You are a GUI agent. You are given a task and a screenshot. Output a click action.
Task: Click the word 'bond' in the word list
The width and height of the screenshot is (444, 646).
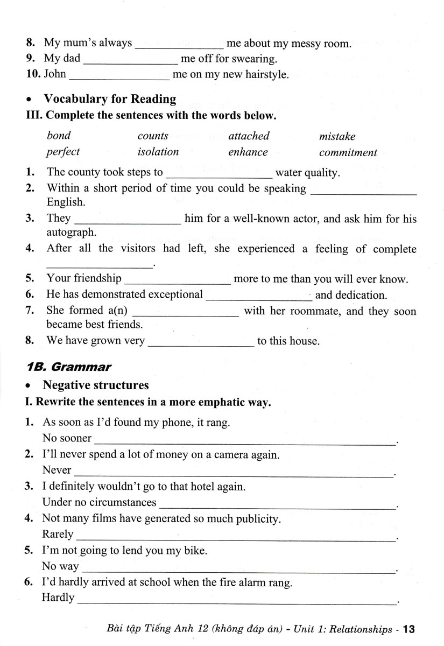click(59, 136)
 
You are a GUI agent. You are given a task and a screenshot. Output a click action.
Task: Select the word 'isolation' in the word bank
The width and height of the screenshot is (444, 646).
click(158, 152)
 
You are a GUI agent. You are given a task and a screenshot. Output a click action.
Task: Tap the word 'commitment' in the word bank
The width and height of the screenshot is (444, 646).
click(348, 153)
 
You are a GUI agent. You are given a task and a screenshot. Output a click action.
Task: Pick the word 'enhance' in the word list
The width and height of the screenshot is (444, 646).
click(248, 152)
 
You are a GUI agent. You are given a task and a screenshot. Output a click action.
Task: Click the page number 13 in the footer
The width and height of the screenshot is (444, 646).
click(408, 629)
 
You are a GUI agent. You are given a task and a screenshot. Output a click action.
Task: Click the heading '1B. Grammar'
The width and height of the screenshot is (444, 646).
click(69, 367)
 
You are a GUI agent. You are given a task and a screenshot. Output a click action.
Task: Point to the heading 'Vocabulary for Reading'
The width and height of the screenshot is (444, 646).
click(110, 99)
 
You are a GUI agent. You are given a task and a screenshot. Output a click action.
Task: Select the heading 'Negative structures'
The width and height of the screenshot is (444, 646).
click(96, 385)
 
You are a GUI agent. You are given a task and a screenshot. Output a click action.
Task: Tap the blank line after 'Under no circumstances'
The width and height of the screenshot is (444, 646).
click(277, 506)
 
